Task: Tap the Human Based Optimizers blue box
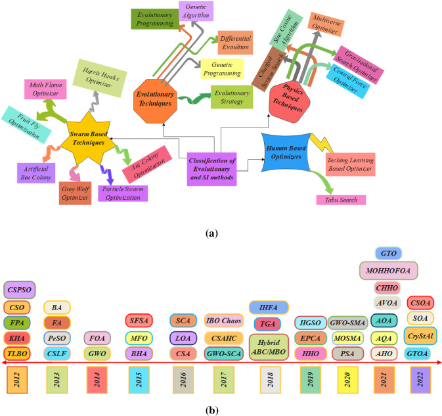pos(285,154)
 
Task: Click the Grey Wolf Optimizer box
pos(75,193)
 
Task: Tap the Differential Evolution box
pos(234,43)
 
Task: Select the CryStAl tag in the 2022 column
pos(420,335)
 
